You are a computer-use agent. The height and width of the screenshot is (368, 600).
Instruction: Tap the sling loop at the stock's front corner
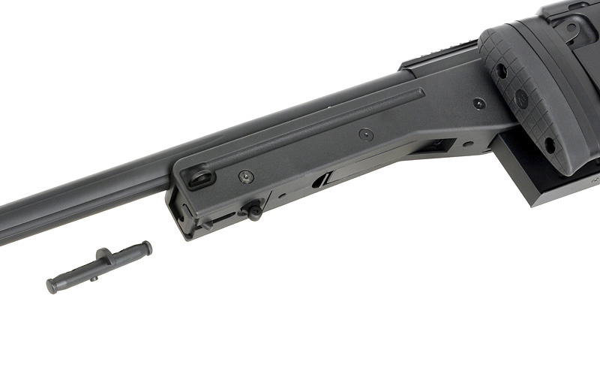pyautogui.click(x=200, y=179)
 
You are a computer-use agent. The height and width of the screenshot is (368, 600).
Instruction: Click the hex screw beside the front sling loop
pyautogui.click(x=246, y=177)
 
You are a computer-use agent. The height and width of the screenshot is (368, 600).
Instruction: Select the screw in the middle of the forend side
pyautogui.click(x=366, y=134)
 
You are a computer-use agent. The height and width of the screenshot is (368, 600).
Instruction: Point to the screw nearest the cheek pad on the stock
pyautogui.click(x=478, y=104)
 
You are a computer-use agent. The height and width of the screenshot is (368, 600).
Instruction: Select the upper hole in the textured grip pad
pyautogui.click(x=499, y=71)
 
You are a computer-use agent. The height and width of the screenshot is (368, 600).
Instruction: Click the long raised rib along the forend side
pyautogui.click(x=315, y=128)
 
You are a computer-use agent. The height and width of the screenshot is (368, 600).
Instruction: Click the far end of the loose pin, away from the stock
pyautogui.click(x=52, y=285)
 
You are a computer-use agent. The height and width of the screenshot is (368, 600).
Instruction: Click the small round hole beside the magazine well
pyautogui.click(x=468, y=143)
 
